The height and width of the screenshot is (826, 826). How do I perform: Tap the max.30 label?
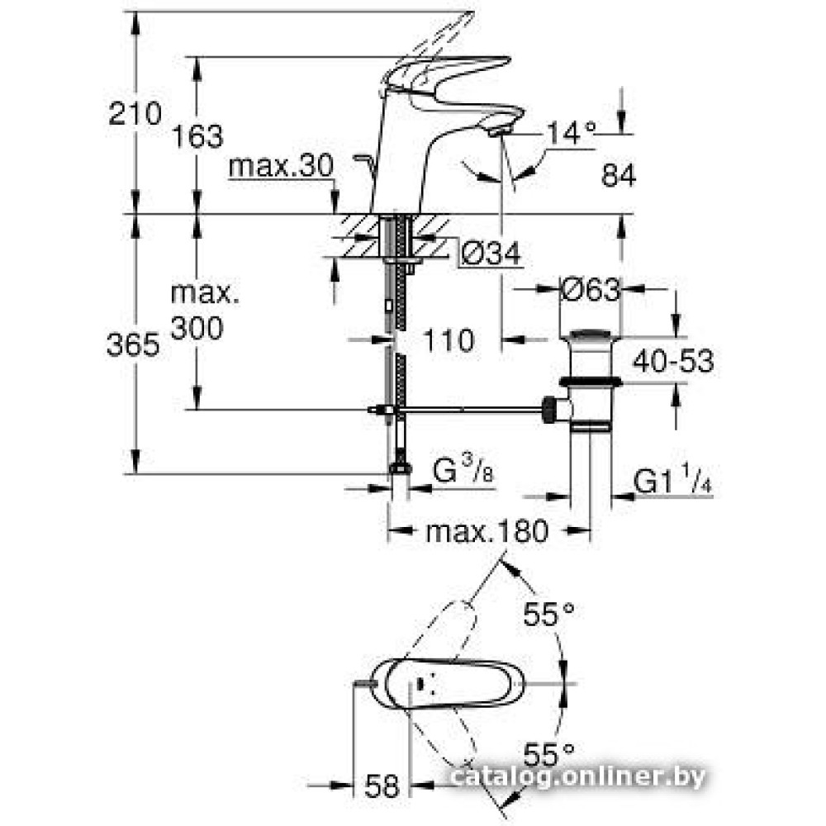point(280,168)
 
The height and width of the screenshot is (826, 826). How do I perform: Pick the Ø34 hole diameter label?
point(491,256)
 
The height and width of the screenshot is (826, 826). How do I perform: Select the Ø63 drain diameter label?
point(590,290)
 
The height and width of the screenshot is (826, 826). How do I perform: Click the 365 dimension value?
point(132,344)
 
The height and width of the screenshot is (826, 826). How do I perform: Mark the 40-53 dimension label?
point(673,360)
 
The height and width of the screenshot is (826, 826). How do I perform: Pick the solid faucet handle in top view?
point(430,683)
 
